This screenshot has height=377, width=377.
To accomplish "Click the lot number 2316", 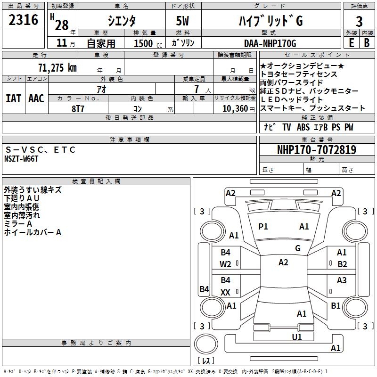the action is pos(24,20).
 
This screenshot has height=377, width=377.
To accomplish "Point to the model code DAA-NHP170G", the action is pos(270,43).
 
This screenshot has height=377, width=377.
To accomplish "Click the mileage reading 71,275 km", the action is pos(57,67).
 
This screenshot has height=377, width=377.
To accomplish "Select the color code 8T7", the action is pos(78,108).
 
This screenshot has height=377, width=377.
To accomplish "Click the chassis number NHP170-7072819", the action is pos(316,150).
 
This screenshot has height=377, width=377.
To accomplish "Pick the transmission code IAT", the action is pos(13,98).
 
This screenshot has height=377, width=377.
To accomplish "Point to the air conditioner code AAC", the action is pos(36,98).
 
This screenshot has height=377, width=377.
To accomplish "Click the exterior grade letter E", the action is pos(351,43).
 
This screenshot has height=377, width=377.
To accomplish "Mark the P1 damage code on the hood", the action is pos(263,227).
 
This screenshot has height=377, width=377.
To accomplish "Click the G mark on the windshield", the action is pos(298,248).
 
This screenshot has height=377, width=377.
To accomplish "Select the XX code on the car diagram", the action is pos(226,293).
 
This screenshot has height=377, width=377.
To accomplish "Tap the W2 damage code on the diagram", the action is pos(226,264).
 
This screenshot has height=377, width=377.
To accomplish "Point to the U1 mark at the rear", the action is pos(296,337).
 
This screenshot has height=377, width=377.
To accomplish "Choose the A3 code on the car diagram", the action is pos(342,280).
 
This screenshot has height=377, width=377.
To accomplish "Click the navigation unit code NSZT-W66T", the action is pos(21,159).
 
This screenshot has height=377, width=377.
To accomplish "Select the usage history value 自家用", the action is pos(100,43).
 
